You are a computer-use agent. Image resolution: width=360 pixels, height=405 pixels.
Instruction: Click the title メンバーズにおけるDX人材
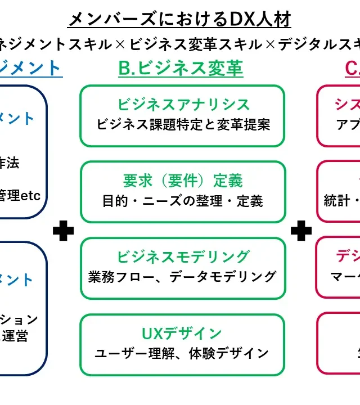click(x=179, y=20)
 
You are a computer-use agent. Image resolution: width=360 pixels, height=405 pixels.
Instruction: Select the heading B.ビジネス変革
click(x=181, y=68)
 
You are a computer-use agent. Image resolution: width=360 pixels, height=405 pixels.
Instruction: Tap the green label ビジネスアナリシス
click(x=183, y=105)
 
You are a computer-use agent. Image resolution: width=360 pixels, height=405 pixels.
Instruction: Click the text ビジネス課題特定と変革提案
click(x=183, y=124)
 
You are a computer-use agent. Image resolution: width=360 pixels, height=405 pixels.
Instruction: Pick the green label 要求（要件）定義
click(x=183, y=181)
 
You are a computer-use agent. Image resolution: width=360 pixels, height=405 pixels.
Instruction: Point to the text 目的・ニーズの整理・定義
click(x=183, y=201)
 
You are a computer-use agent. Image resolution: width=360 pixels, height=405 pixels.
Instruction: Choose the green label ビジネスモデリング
click(x=183, y=256)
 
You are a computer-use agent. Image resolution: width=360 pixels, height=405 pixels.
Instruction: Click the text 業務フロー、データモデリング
click(x=183, y=277)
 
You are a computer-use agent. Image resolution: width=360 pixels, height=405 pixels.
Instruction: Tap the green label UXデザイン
click(x=182, y=334)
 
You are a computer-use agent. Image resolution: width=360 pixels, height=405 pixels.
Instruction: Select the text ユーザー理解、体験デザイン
click(x=182, y=353)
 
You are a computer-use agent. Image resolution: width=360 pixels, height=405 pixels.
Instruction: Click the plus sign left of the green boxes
click(x=63, y=230)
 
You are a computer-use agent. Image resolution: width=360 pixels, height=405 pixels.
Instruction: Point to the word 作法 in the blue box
click(x=10, y=163)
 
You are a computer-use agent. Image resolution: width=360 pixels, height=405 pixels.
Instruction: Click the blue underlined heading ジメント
click(x=30, y=68)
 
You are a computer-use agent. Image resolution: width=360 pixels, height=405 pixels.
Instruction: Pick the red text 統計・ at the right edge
click(x=341, y=201)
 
